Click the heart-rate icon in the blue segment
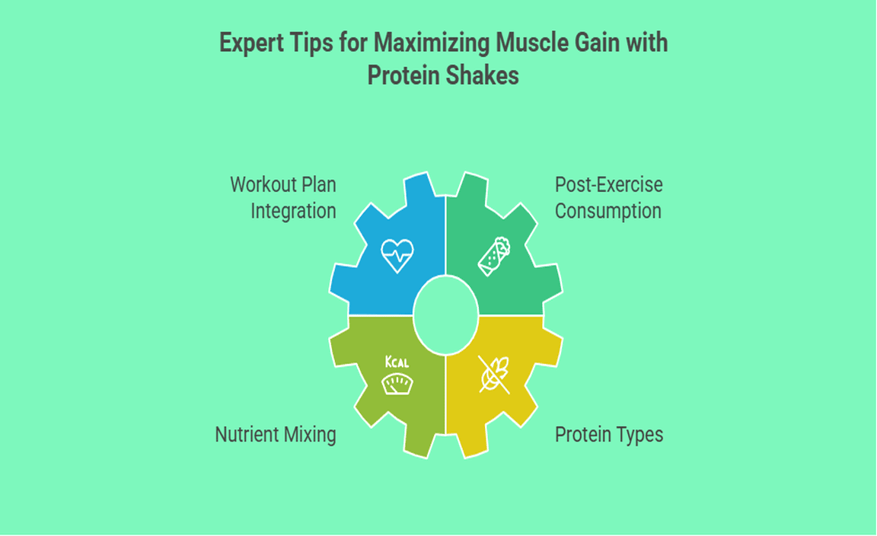(397, 256)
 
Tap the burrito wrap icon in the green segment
(494, 257)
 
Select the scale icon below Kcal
(397, 384)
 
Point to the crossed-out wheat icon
(494, 375)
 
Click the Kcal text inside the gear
(397, 362)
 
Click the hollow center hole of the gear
(446, 315)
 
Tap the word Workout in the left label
(263, 185)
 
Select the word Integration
(293, 211)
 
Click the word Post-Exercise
(608, 185)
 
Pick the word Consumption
(608, 212)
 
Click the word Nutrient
(247, 435)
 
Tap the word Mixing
(310, 435)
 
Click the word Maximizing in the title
(432, 43)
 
